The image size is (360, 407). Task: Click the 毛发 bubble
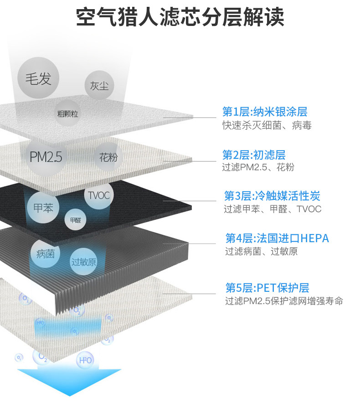coord(38,78)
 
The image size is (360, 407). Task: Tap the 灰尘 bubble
coord(99,85)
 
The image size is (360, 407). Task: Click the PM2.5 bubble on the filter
coord(46,157)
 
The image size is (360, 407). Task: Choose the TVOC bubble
coord(98,195)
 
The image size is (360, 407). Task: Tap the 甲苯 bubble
coord(44,209)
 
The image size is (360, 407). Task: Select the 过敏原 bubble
coord(84,262)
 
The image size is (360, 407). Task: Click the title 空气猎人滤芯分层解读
coord(180,18)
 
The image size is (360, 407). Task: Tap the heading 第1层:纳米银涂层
coord(265,112)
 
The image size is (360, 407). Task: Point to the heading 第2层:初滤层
coord(254,154)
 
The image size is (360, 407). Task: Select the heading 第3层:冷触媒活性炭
coord(272,196)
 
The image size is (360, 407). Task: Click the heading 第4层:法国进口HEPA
coord(277,238)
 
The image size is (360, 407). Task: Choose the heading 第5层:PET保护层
coord(267,288)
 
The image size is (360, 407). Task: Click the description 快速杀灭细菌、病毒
coord(267,125)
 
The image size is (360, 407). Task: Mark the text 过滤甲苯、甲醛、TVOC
coord(273,209)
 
